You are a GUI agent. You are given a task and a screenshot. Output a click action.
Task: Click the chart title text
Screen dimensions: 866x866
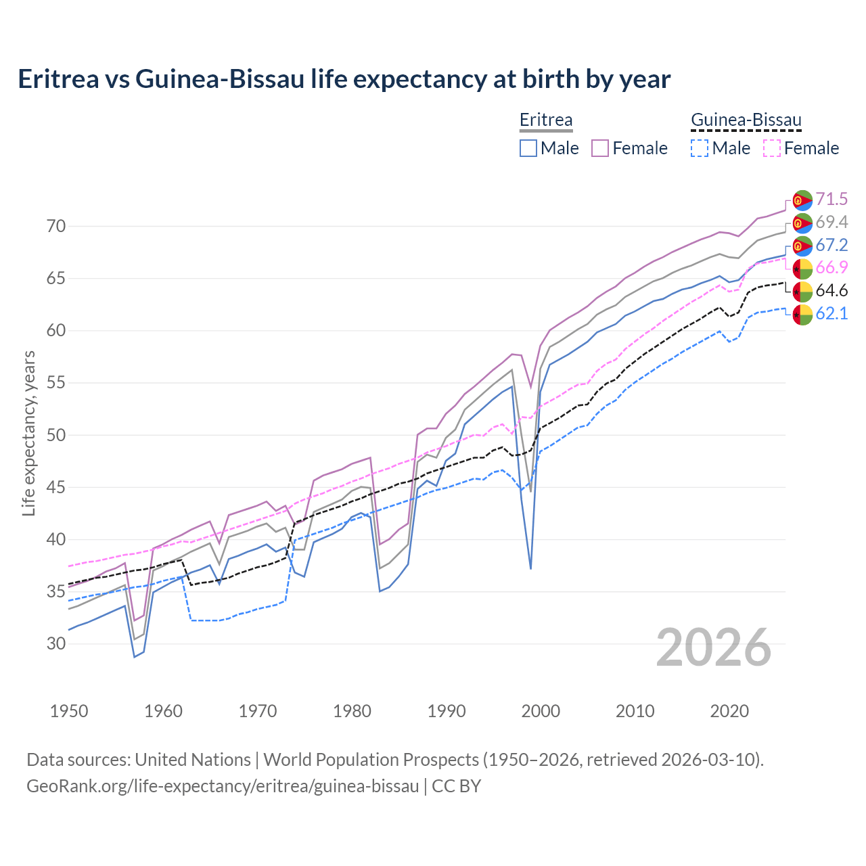[x=344, y=79]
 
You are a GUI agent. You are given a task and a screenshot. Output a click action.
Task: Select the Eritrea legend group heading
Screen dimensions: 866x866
[x=545, y=120]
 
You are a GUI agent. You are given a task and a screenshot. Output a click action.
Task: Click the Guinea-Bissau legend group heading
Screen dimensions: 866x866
[x=746, y=120]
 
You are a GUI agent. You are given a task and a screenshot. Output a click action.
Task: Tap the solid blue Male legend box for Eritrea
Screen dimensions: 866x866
[x=528, y=148]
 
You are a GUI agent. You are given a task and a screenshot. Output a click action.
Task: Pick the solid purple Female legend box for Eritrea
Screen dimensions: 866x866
[x=601, y=148]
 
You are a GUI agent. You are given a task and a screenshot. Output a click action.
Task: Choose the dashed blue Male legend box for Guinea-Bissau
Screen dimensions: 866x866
[x=700, y=148]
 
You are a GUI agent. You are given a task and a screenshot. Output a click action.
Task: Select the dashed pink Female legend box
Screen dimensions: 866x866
[x=772, y=148]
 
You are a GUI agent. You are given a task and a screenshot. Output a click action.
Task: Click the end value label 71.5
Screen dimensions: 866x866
[x=831, y=199]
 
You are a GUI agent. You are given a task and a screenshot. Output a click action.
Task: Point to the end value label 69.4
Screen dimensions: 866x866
[x=831, y=222]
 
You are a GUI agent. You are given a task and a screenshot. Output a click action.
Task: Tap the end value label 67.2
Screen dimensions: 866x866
[x=831, y=245]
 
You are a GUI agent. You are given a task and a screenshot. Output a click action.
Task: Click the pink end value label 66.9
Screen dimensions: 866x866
[x=831, y=267]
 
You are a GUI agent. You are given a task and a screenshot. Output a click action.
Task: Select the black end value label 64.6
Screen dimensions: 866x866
[x=831, y=290]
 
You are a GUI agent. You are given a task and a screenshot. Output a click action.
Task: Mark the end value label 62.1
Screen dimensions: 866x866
[x=831, y=313]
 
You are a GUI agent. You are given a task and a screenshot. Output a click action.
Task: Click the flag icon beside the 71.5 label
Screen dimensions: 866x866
[x=802, y=200]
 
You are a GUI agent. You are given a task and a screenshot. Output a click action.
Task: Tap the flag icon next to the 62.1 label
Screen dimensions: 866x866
[x=802, y=315]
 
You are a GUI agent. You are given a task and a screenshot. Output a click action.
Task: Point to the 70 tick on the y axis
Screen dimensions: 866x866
[x=56, y=226]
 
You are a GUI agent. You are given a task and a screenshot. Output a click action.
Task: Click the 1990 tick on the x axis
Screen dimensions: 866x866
[x=447, y=711]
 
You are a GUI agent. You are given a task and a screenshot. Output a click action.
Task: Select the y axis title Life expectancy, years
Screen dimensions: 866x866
[x=28, y=433]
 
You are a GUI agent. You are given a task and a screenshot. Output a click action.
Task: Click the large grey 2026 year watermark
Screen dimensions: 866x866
[x=714, y=647]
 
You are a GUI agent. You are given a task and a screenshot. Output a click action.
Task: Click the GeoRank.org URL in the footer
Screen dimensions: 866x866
[x=223, y=786]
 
